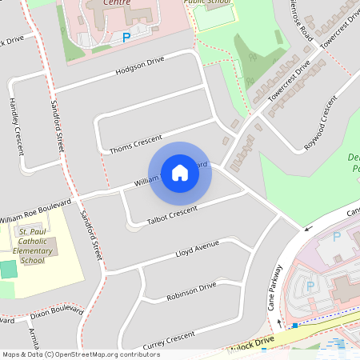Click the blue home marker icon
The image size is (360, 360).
point(180,172)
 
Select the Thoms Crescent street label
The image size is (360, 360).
point(135,142)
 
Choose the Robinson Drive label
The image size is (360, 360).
point(191,291)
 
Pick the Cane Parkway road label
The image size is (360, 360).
point(274,288)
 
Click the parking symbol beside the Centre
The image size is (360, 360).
point(126,38)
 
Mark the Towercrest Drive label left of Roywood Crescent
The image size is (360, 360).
point(289,82)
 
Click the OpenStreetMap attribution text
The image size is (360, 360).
point(81,354)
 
